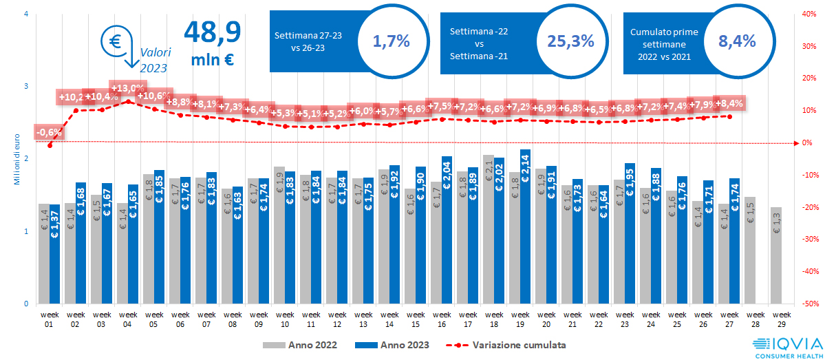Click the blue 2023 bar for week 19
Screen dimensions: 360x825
[525, 227]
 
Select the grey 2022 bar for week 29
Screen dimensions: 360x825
[775, 255]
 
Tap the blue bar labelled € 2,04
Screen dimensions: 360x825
[447, 230]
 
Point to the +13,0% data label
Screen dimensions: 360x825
[127, 89]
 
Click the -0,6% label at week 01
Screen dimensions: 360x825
[49, 132]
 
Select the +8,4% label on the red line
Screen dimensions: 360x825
[729, 104]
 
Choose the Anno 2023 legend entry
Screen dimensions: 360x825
[396, 344]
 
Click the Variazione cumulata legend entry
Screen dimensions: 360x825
[508, 344]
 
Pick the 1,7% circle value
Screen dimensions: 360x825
[391, 41]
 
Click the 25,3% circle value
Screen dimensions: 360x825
[570, 41]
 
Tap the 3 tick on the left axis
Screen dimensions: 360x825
[26, 86]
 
